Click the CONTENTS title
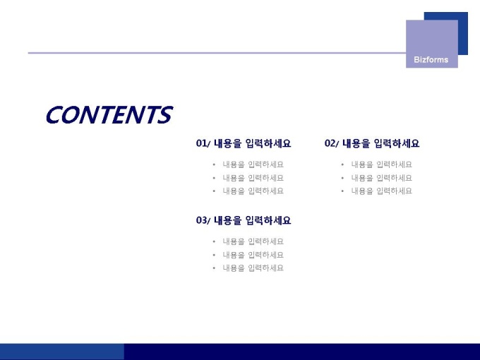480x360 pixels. click(109, 115)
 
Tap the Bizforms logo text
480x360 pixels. click(431, 60)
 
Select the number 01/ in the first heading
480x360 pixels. click(203, 143)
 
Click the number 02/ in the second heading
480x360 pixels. click(332, 143)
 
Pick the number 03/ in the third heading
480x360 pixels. click(203, 220)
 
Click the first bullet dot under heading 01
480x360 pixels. click(214, 164)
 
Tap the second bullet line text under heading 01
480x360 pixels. click(253, 178)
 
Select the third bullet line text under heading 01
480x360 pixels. click(253, 191)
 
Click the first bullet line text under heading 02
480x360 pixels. click(382, 164)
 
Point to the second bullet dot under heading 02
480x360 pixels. click(342, 178)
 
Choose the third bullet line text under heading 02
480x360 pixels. click(382, 191)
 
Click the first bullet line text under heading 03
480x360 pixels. click(253, 241)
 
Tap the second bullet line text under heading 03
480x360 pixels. click(253, 255)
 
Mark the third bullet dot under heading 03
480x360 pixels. click(214, 268)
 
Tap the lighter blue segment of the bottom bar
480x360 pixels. click(62, 352)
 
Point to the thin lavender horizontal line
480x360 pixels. click(217, 53)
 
